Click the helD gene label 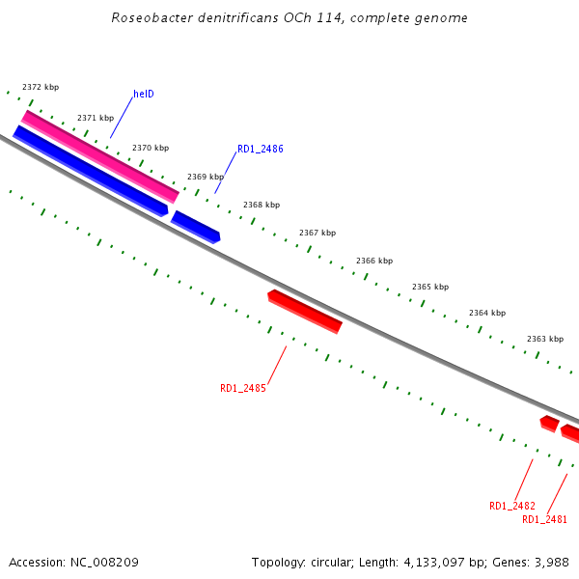[144, 95]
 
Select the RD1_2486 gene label [260, 150]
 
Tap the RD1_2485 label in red [242, 389]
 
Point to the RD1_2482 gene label [511, 506]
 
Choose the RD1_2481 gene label [544, 519]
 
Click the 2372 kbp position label [41, 87]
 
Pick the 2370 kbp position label [151, 148]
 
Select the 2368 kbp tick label [262, 205]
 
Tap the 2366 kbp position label [374, 261]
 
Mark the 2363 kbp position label [545, 339]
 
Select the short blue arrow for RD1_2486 [196, 227]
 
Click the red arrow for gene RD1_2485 [305, 311]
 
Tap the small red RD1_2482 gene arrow [549, 423]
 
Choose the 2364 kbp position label [487, 313]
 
